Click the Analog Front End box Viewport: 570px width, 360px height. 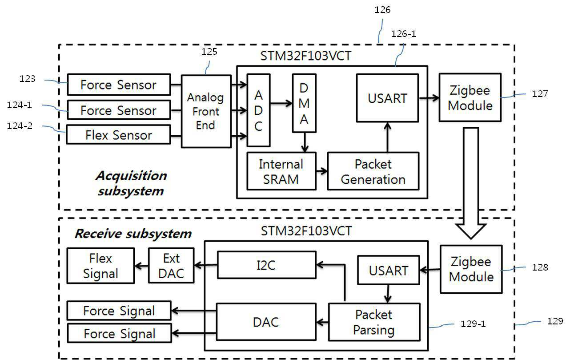[x=206, y=111]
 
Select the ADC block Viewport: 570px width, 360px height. [x=258, y=110]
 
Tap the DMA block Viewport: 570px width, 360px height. [x=304, y=103]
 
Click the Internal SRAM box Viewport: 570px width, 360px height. [x=281, y=171]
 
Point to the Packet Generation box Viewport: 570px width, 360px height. [x=373, y=171]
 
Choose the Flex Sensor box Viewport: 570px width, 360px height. [x=118, y=134]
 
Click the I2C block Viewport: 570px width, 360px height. [x=266, y=265]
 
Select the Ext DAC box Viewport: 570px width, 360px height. [x=171, y=266]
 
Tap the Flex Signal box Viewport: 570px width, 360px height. [x=100, y=266]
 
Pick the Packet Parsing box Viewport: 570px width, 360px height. [x=374, y=322]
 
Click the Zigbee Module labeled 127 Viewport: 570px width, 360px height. [x=470, y=97]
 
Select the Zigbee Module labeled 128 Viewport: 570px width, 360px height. [x=471, y=269]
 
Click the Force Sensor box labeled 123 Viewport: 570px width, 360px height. [x=119, y=85]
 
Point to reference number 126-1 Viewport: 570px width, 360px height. [x=404, y=34]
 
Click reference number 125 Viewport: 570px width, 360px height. [x=209, y=52]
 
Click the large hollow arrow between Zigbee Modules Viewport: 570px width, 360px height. [x=471, y=183]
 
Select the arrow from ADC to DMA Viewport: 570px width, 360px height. [x=281, y=103]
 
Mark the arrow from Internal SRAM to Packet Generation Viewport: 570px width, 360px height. [x=322, y=171]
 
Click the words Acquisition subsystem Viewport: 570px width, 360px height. [x=131, y=183]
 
